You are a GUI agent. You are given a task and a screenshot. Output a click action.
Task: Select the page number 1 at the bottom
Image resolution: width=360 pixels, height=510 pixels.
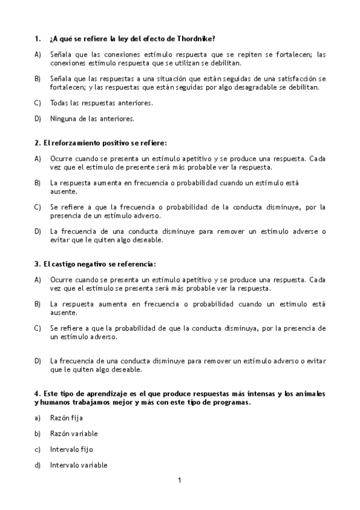click(x=179, y=480)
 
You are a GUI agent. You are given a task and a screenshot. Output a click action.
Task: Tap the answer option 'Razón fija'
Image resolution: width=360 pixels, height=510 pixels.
click(x=67, y=417)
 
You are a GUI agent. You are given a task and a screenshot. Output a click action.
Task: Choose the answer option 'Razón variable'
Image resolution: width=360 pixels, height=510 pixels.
click(x=74, y=434)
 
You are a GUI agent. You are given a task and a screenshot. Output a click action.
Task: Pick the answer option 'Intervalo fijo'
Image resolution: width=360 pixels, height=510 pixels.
click(x=72, y=449)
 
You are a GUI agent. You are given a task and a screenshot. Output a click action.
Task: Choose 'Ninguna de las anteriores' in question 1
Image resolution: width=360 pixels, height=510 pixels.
click(x=92, y=118)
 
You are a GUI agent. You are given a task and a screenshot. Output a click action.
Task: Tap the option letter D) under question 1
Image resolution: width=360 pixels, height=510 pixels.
click(x=37, y=118)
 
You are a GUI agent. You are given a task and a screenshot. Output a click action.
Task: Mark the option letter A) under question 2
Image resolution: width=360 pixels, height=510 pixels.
click(x=37, y=159)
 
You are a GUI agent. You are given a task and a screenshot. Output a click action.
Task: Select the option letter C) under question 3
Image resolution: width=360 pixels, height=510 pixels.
click(x=37, y=328)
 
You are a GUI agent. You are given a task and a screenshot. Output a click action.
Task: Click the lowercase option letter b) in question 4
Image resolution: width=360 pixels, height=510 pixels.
click(x=37, y=434)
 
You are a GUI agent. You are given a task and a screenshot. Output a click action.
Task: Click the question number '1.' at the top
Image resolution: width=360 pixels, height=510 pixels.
click(x=37, y=38)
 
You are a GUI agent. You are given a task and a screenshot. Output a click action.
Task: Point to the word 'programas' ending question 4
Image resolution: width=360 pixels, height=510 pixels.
click(x=231, y=402)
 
